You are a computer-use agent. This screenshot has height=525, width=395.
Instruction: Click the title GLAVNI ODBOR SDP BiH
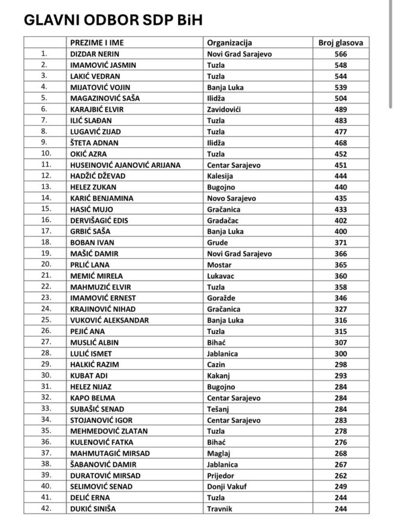(113, 19)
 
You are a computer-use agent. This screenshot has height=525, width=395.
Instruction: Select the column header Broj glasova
(340, 43)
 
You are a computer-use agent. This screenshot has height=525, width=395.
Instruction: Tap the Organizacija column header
(230, 43)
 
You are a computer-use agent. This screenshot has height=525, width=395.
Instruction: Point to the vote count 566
(340, 54)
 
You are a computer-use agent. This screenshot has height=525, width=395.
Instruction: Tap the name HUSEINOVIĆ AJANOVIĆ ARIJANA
(126, 165)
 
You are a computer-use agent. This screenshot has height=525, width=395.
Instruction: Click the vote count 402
(340, 220)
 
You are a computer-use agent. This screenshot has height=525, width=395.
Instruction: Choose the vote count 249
(340, 487)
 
